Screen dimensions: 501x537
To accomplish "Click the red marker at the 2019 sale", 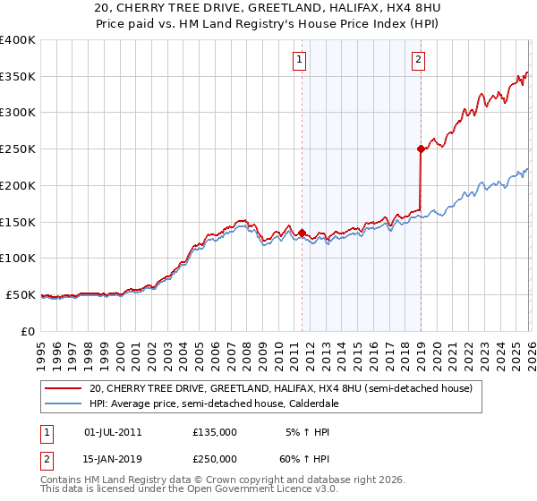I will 420,149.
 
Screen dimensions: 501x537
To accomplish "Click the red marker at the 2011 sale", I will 302,233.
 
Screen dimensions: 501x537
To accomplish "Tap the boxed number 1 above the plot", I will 299,60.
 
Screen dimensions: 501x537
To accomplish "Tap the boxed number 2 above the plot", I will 418,60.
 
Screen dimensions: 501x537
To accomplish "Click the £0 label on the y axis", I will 28,331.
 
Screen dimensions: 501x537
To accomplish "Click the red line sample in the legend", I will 64,388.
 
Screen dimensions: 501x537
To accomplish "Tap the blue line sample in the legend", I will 64,403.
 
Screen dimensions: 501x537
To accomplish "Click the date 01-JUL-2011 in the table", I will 113,432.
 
